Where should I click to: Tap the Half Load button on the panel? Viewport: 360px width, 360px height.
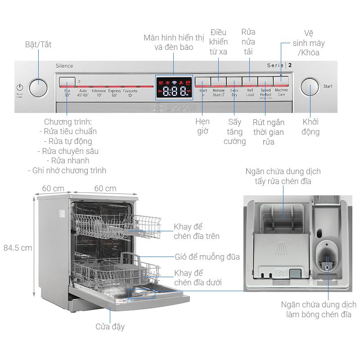(249, 81)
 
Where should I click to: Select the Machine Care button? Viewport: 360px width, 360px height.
(281, 81)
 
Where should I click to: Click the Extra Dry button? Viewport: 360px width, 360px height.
(234, 81)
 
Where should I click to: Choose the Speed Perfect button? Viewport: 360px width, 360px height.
(265, 81)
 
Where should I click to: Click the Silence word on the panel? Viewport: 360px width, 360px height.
(64, 66)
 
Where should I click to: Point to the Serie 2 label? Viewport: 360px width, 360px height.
(279, 65)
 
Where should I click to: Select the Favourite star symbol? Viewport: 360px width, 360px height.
(130, 95)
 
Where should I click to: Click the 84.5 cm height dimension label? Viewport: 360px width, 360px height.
(18, 247)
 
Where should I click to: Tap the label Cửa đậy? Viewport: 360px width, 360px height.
(110, 327)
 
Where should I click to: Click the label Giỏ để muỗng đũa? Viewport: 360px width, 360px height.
(207, 257)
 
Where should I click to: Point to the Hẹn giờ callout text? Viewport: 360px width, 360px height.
(202, 126)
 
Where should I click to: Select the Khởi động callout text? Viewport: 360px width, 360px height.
(310, 127)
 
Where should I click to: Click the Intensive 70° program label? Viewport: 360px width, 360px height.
(99, 93)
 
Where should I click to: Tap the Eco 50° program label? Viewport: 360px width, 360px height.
(67, 93)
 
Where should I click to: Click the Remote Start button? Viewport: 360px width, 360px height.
(218, 81)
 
